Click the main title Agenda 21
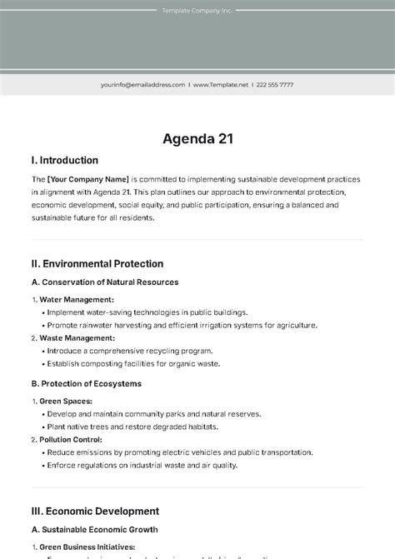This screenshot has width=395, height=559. pyautogui.click(x=197, y=138)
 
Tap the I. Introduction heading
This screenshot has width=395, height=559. pyautogui.click(x=64, y=160)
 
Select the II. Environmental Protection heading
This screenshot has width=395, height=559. pyautogui.click(x=97, y=263)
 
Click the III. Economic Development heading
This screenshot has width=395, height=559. pyautogui.click(x=95, y=511)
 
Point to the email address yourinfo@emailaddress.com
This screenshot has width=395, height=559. pyautogui.click(x=142, y=84)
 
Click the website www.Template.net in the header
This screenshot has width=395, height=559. pyautogui.click(x=221, y=84)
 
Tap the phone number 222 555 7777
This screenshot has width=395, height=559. pyautogui.click(x=274, y=84)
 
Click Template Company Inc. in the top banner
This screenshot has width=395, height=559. pyautogui.click(x=197, y=11)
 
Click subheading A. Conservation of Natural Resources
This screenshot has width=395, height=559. pyautogui.click(x=105, y=282)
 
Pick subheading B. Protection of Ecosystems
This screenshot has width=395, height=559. pyautogui.click(x=87, y=384)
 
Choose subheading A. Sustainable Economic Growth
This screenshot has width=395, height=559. pyautogui.click(x=95, y=529)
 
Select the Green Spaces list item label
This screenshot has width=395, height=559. pyautogui.click(x=66, y=401)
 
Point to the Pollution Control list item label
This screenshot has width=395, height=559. pyautogui.click(x=71, y=439)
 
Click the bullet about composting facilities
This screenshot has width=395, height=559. pyautogui.click(x=132, y=364)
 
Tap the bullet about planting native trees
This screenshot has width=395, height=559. pyautogui.click(x=132, y=427)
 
